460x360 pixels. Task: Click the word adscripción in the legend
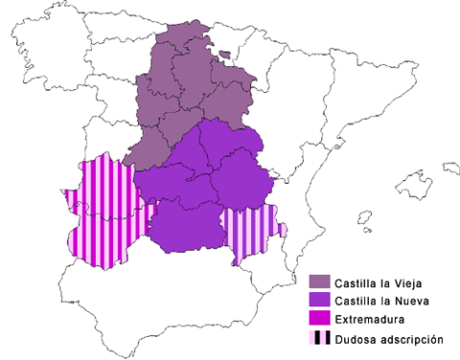409,338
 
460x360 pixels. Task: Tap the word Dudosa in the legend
355,338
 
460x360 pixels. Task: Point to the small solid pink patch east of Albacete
282,229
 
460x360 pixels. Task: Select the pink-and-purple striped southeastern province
247,233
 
